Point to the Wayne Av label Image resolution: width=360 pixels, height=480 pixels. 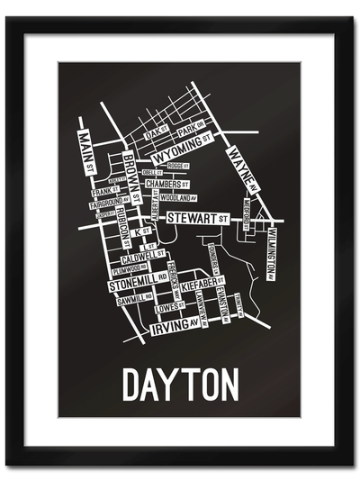pos(244,166)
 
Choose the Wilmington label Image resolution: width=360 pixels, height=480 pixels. pos(270,253)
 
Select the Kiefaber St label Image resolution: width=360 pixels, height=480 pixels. pos(201,285)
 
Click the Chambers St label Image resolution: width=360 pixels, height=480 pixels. pos(168,184)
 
